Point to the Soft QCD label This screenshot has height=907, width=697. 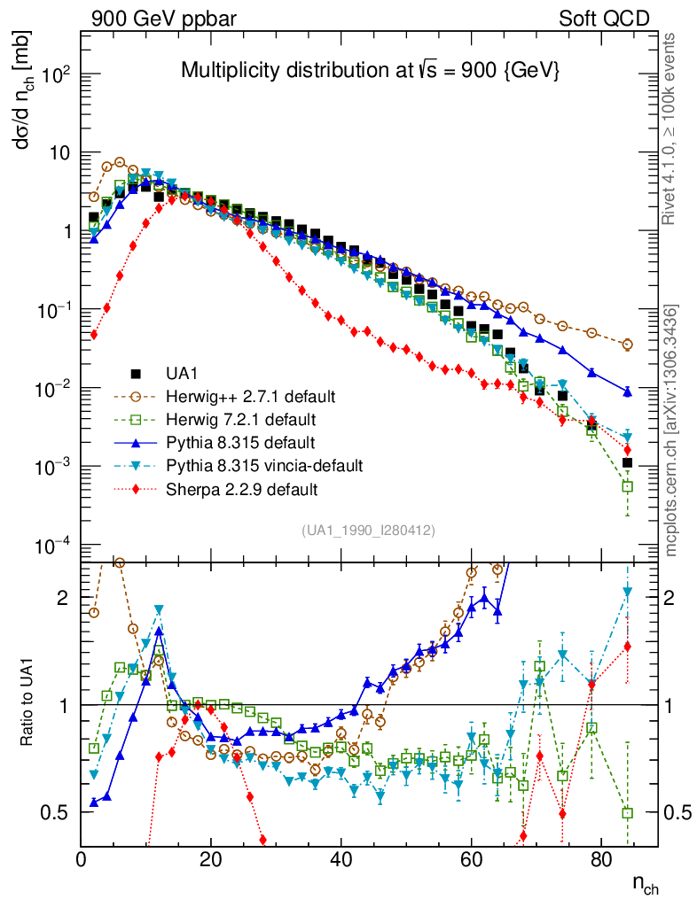point(605,19)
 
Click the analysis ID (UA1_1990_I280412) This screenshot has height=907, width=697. point(367,531)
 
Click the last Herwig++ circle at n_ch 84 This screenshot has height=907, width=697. point(628,345)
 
